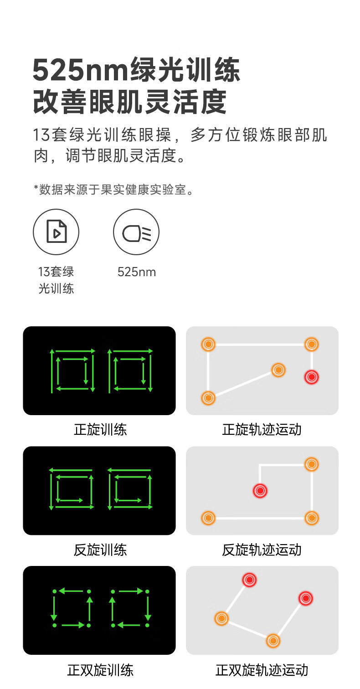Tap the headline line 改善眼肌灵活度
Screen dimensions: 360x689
pyautogui.click(x=130, y=102)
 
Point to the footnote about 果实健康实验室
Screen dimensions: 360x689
pyautogui.click(x=114, y=189)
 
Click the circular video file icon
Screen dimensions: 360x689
pyautogui.click(x=56, y=232)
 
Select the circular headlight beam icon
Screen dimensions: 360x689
pyautogui.click(x=136, y=232)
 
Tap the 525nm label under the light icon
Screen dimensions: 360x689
pyautogui.click(x=137, y=272)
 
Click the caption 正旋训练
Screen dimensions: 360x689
pyautogui.click(x=100, y=430)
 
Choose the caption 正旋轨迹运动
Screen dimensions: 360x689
pyautogui.click(x=262, y=430)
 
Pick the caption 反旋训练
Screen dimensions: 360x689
pyautogui.click(x=100, y=550)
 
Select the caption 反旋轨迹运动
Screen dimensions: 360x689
pyautogui.click(x=262, y=550)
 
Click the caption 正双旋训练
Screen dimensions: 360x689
pyautogui.click(x=100, y=670)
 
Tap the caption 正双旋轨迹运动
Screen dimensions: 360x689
pyautogui.click(x=262, y=670)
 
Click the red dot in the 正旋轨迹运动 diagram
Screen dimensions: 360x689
pyautogui.click(x=312, y=377)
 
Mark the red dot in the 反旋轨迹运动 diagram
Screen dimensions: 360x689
pyautogui.click(x=260, y=491)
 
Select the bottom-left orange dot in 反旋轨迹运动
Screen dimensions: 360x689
pyautogui.click(x=208, y=518)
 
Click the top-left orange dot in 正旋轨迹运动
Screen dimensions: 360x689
pyautogui.click(x=208, y=344)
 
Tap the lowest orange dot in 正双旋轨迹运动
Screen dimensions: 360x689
pyautogui.click(x=273, y=640)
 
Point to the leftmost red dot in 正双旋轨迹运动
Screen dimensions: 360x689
pyautogui.click(x=249, y=580)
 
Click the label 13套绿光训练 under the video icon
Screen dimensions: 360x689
pyautogui.click(x=56, y=280)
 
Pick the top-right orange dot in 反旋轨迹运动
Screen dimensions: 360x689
pyautogui.click(x=312, y=464)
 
